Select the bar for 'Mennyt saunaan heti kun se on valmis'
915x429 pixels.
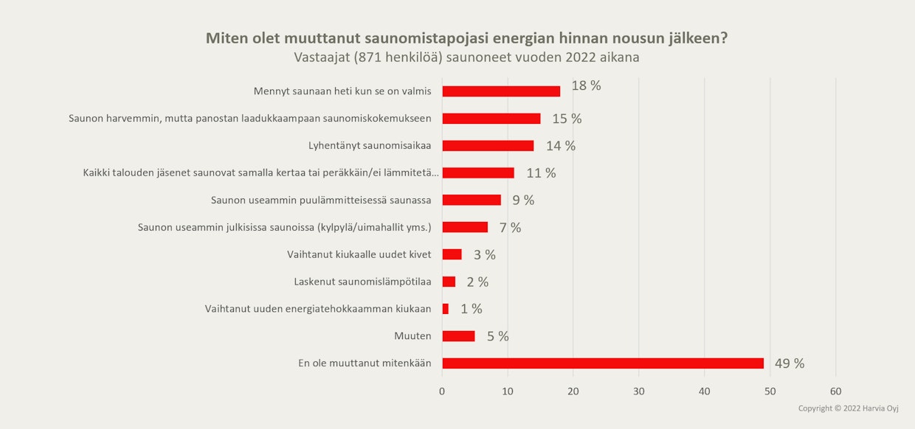[x=501, y=91]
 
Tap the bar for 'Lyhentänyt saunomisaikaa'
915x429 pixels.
[x=488, y=146]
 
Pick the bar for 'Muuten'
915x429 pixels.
[x=458, y=336]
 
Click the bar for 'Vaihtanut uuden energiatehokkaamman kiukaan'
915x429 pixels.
[x=445, y=309]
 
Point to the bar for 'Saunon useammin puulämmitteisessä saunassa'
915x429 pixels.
[x=472, y=200]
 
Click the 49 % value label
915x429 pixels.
[x=789, y=363]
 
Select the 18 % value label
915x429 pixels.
[x=586, y=86]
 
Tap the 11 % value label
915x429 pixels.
[x=541, y=173]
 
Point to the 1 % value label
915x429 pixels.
[x=472, y=309]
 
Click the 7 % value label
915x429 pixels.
[x=510, y=228]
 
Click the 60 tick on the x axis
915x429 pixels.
[x=835, y=391]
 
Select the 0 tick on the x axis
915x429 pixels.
[x=442, y=391]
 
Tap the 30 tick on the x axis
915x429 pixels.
[x=639, y=391]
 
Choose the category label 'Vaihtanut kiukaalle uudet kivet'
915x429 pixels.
[x=359, y=254]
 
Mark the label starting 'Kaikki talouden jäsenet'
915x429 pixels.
[x=260, y=173]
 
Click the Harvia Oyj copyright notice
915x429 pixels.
[x=848, y=408]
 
